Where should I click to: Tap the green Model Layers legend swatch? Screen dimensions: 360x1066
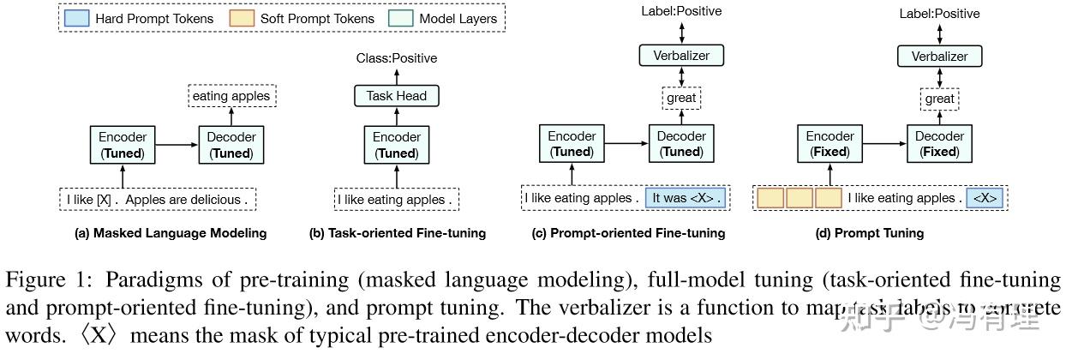point(404,18)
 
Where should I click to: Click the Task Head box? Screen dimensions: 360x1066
point(397,96)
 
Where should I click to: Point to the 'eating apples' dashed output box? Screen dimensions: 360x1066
point(231,96)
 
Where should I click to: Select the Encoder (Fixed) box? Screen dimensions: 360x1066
point(829,144)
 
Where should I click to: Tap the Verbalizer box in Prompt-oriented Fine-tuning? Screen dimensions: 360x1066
point(681,56)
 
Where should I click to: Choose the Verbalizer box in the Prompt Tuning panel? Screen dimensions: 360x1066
point(939,56)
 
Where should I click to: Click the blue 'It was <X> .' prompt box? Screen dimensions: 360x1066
point(686,198)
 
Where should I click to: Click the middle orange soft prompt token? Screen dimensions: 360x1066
point(799,198)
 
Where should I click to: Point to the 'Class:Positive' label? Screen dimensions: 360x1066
point(396,58)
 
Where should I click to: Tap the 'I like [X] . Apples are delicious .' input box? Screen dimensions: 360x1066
point(159,200)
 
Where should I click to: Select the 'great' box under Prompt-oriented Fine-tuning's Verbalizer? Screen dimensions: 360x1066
point(681,98)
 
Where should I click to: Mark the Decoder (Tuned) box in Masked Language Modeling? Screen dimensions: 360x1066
point(231,145)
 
